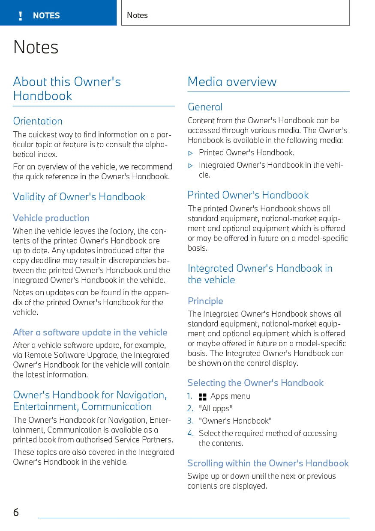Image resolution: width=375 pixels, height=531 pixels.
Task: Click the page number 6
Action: pos(16,512)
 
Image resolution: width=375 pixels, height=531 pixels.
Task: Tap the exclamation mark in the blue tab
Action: pos(20,16)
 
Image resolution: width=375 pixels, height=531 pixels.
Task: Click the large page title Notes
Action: pos(36,47)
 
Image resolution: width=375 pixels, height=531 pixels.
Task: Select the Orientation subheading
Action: pos(38,121)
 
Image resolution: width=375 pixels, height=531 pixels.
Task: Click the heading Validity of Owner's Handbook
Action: pos(79,197)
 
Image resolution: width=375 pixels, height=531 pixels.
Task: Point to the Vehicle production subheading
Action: pos(51,218)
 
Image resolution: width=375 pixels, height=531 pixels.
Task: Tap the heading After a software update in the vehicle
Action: pos(90,332)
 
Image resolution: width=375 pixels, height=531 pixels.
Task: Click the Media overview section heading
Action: pos(232,82)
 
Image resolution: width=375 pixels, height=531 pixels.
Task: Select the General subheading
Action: pos(205,107)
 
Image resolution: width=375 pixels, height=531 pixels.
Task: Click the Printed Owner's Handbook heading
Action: pos(248,195)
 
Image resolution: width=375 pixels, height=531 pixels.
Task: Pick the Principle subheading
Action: pos(205,301)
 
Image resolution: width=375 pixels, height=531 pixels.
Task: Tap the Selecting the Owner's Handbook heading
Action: pos(255,383)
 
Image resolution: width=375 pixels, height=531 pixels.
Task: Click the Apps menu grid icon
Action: pos(203,397)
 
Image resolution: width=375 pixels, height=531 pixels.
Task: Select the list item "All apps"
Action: pos(216,409)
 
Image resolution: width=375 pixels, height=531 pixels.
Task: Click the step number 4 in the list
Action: pos(191,433)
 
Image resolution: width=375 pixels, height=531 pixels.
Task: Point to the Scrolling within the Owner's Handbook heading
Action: pos(268,463)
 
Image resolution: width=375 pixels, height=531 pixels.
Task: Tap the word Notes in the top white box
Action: pos(137,15)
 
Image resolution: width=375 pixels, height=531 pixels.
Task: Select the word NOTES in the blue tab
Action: pos(46,16)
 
